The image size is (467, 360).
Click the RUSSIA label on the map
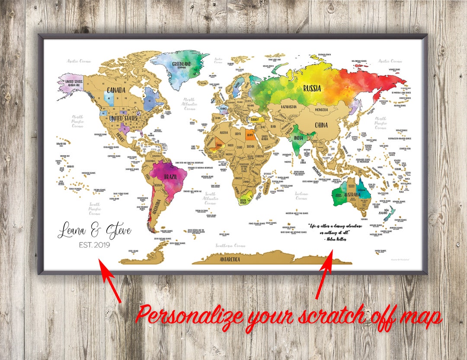312,89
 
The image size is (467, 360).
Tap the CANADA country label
116,90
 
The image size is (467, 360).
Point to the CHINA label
321,125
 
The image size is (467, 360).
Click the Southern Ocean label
230,245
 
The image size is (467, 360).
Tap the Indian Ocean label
301,196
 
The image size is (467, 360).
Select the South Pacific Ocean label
94,209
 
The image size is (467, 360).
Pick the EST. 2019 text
94,245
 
